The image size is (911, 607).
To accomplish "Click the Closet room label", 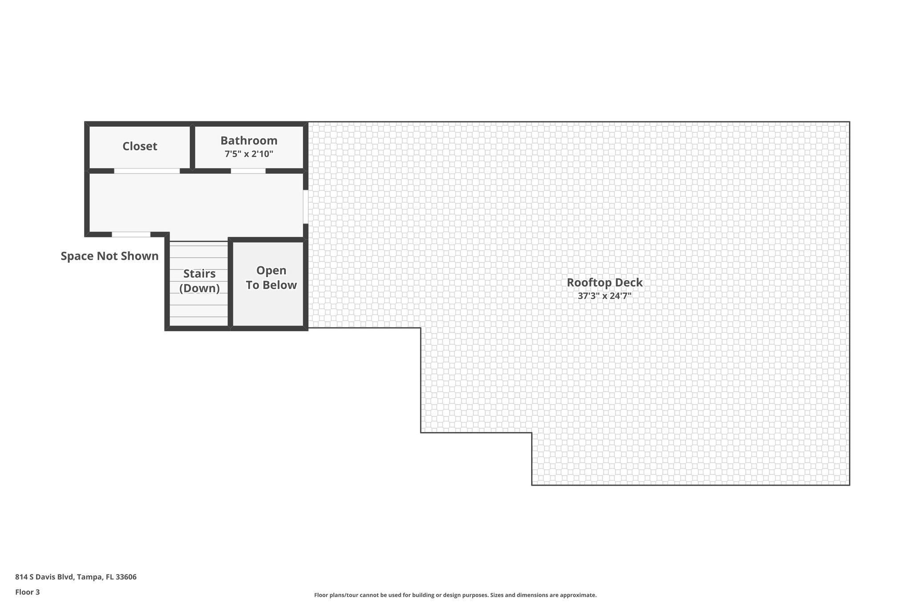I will point(140,146).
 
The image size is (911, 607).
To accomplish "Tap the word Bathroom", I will point(249,141).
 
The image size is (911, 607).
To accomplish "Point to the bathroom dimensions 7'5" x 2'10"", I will point(249,154).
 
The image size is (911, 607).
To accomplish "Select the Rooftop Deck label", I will point(605,282).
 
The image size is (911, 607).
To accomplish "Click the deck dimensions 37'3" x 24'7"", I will point(605,296).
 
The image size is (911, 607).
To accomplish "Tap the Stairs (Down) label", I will point(199,281).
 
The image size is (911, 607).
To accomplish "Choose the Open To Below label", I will point(271,278).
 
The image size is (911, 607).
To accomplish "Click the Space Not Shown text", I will point(109,256).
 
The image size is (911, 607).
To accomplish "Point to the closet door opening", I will point(147,171).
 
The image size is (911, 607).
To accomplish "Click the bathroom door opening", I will point(248,171).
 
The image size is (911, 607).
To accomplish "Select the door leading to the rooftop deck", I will point(306,207).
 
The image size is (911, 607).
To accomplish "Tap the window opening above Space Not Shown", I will point(131,234).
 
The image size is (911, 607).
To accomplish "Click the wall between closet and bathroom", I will point(193,147).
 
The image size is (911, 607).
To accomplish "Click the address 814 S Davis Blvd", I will point(44,577).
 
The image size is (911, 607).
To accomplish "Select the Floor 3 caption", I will point(28,592).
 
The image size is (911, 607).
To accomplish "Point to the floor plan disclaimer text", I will point(455,595).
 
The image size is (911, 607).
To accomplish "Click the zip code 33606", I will point(126,577).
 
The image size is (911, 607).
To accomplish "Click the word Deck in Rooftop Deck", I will point(629,282).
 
